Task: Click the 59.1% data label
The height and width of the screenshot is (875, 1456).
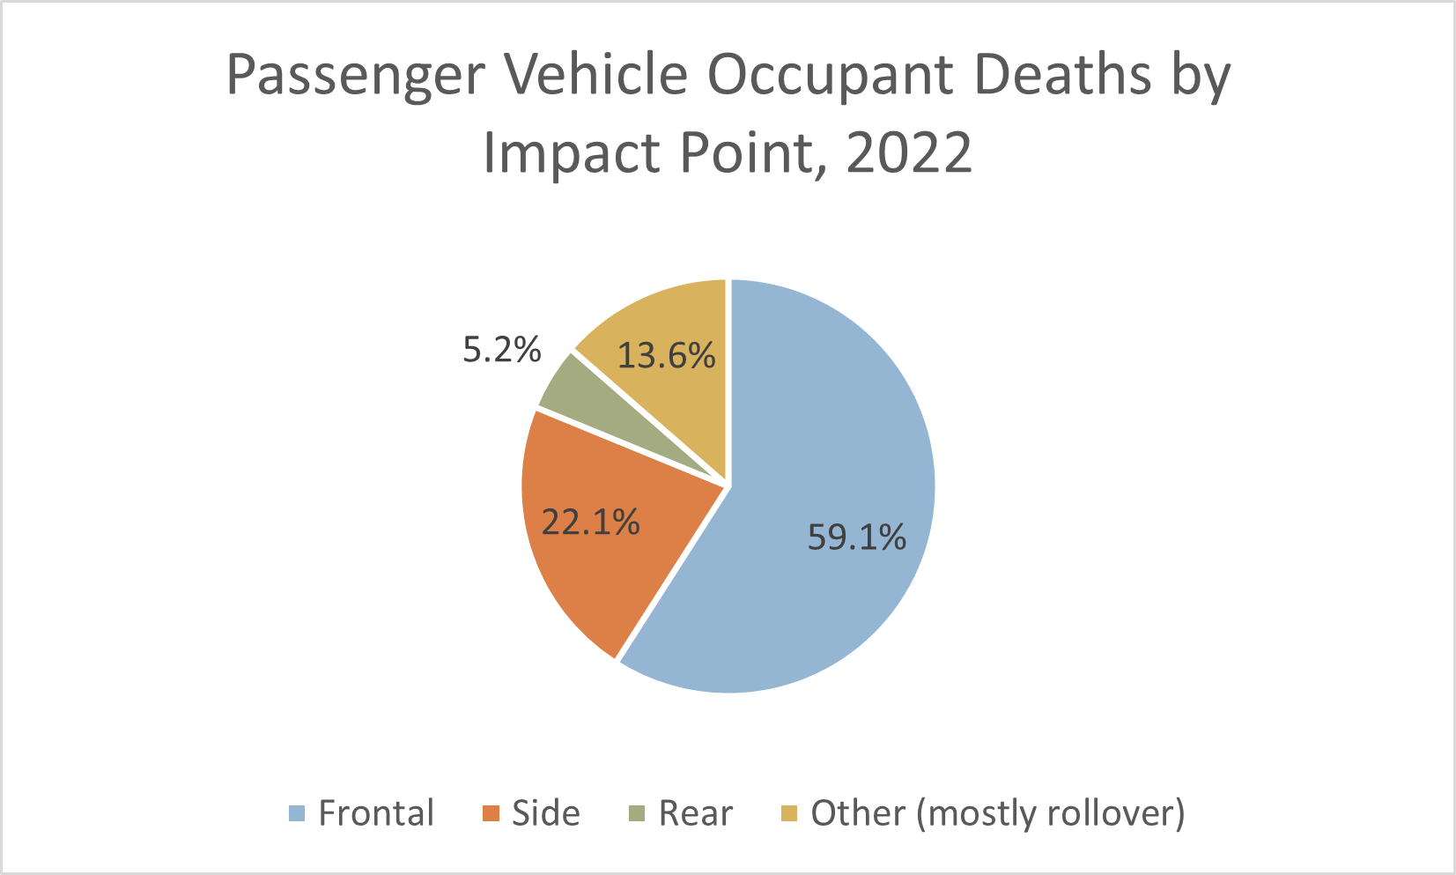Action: pyautogui.click(x=856, y=537)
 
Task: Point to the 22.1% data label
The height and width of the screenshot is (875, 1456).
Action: pyautogui.click(x=590, y=523)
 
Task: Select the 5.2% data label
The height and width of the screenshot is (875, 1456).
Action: pyautogui.click(x=502, y=351)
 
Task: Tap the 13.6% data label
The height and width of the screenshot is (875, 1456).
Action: pyautogui.click(x=666, y=356)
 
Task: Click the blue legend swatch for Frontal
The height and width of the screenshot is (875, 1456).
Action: pyautogui.click(x=297, y=813)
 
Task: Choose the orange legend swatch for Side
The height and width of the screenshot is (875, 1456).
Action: pyautogui.click(x=491, y=813)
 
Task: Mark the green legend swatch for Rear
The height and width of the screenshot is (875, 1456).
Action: pyautogui.click(x=637, y=813)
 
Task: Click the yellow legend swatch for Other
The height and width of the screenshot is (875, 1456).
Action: pyautogui.click(x=789, y=813)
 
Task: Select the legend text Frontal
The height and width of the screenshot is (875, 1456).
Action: pyautogui.click(x=376, y=813)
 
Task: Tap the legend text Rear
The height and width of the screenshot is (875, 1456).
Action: pyautogui.click(x=695, y=813)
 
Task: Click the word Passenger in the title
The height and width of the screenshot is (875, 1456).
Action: pyautogui.click(x=355, y=77)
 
